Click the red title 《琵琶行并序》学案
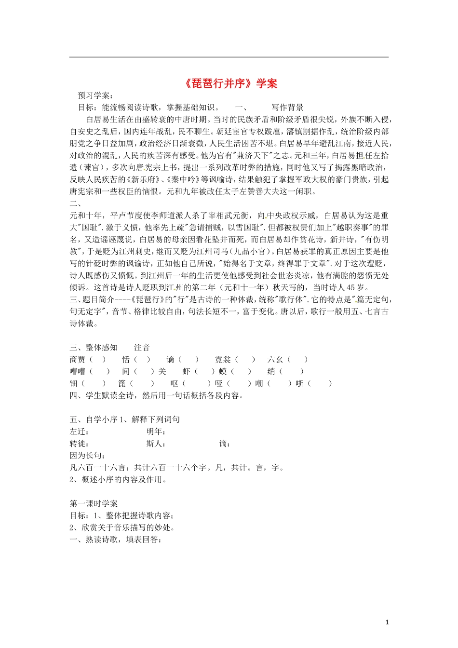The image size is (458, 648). coord(231,83)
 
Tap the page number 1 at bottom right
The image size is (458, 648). coord(387,622)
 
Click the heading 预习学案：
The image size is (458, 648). coord(95,95)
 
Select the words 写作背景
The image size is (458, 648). coord(287,108)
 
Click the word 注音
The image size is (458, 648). coord(142,348)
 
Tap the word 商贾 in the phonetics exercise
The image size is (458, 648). coord(78,360)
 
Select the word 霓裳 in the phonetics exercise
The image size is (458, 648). coord(223,360)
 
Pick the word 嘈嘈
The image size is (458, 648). coord(78,372)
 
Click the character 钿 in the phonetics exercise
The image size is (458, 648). coord(74,384)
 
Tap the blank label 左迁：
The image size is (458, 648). coord(80,432)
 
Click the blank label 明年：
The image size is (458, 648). coord(156,432)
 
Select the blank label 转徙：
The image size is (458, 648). coord(80,444)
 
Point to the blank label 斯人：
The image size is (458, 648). coord(156,444)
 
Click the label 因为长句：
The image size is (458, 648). coord(88,456)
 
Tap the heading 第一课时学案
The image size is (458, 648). coord(94,503)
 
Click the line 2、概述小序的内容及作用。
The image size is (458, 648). coord(118,479)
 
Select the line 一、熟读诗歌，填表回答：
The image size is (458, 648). coord(115,540)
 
